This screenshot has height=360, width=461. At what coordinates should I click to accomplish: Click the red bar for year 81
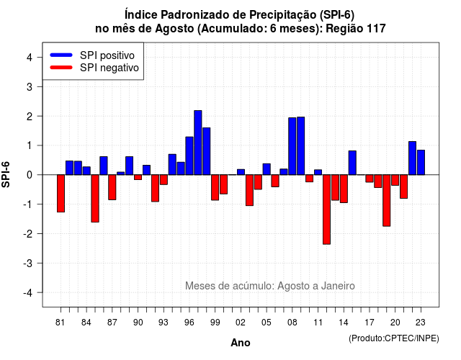(61, 194)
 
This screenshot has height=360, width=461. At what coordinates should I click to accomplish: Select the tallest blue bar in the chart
(198, 143)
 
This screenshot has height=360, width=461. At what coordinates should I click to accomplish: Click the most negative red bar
(326, 210)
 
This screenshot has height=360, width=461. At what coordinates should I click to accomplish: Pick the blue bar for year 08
(292, 146)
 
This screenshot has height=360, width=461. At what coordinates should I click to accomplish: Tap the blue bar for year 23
(421, 163)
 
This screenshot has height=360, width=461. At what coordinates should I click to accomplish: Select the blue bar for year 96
(189, 156)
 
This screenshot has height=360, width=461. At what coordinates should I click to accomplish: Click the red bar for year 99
(215, 187)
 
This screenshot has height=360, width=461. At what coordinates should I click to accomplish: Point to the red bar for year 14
(344, 189)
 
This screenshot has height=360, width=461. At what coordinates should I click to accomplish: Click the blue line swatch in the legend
(61, 55)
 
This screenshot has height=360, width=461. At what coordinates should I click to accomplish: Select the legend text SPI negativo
(109, 68)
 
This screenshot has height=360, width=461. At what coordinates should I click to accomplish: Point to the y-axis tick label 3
(30, 87)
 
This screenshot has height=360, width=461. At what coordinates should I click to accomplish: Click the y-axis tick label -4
(28, 293)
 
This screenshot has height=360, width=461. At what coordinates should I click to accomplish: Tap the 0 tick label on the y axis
(30, 175)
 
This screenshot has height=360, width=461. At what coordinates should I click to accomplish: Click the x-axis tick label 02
(241, 323)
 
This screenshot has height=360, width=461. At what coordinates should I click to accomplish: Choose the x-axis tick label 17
(370, 323)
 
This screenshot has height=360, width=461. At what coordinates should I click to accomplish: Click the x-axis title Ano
(241, 343)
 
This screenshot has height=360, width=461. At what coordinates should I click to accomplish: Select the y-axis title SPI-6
(6, 174)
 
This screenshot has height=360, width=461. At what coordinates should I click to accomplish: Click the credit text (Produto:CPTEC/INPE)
(394, 338)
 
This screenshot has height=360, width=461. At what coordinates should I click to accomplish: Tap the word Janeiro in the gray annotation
(338, 286)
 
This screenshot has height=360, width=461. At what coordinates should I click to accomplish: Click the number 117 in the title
(376, 29)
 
